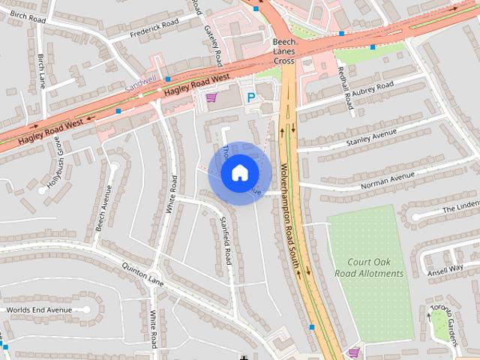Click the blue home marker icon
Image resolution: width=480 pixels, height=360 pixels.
(238, 173)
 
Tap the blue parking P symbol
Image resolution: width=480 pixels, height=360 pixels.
(252, 97)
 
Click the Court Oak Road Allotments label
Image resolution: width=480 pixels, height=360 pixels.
(369, 268)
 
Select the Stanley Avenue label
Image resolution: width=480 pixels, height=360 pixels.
(370, 137)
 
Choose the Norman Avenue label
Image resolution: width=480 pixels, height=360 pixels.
(387, 180)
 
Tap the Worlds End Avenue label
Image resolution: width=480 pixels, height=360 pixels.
(38, 310)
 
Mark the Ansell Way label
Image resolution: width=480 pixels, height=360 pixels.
(445, 268)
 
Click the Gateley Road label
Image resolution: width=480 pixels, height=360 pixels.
(213, 43)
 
